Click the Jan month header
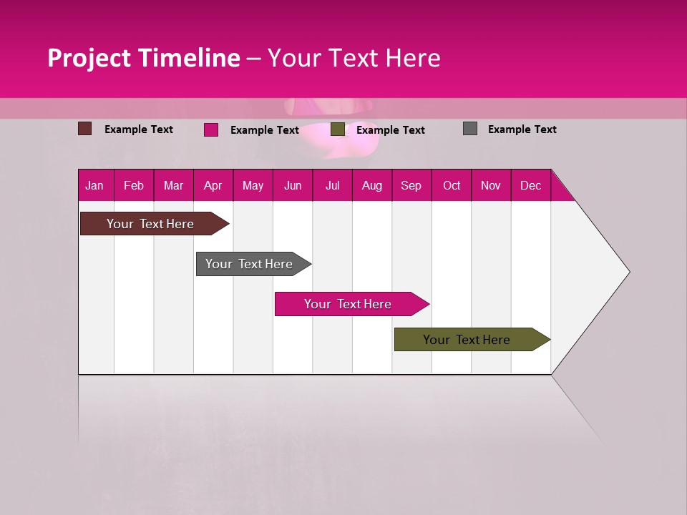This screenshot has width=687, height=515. (x=95, y=185)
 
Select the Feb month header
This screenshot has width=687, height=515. (x=134, y=185)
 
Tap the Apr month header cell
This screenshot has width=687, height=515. (x=213, y=185)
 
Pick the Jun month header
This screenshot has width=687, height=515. (x=293, y=185)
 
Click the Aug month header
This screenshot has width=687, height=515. (x=372, y=185)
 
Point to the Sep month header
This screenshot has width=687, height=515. (x=411, y=185)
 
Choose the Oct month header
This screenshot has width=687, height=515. (x=452, y=185)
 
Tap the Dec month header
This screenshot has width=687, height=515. (x=531, y=185)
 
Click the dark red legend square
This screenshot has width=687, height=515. (x=85, y=129)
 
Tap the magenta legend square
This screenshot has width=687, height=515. (x=211, y=129)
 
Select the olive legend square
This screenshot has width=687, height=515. (x=338, y=129)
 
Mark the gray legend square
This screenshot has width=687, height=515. (x=470, y=129)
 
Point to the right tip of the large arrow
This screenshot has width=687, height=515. (x=628, y=272)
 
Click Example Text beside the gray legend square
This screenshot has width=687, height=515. (x=522, y=129)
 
